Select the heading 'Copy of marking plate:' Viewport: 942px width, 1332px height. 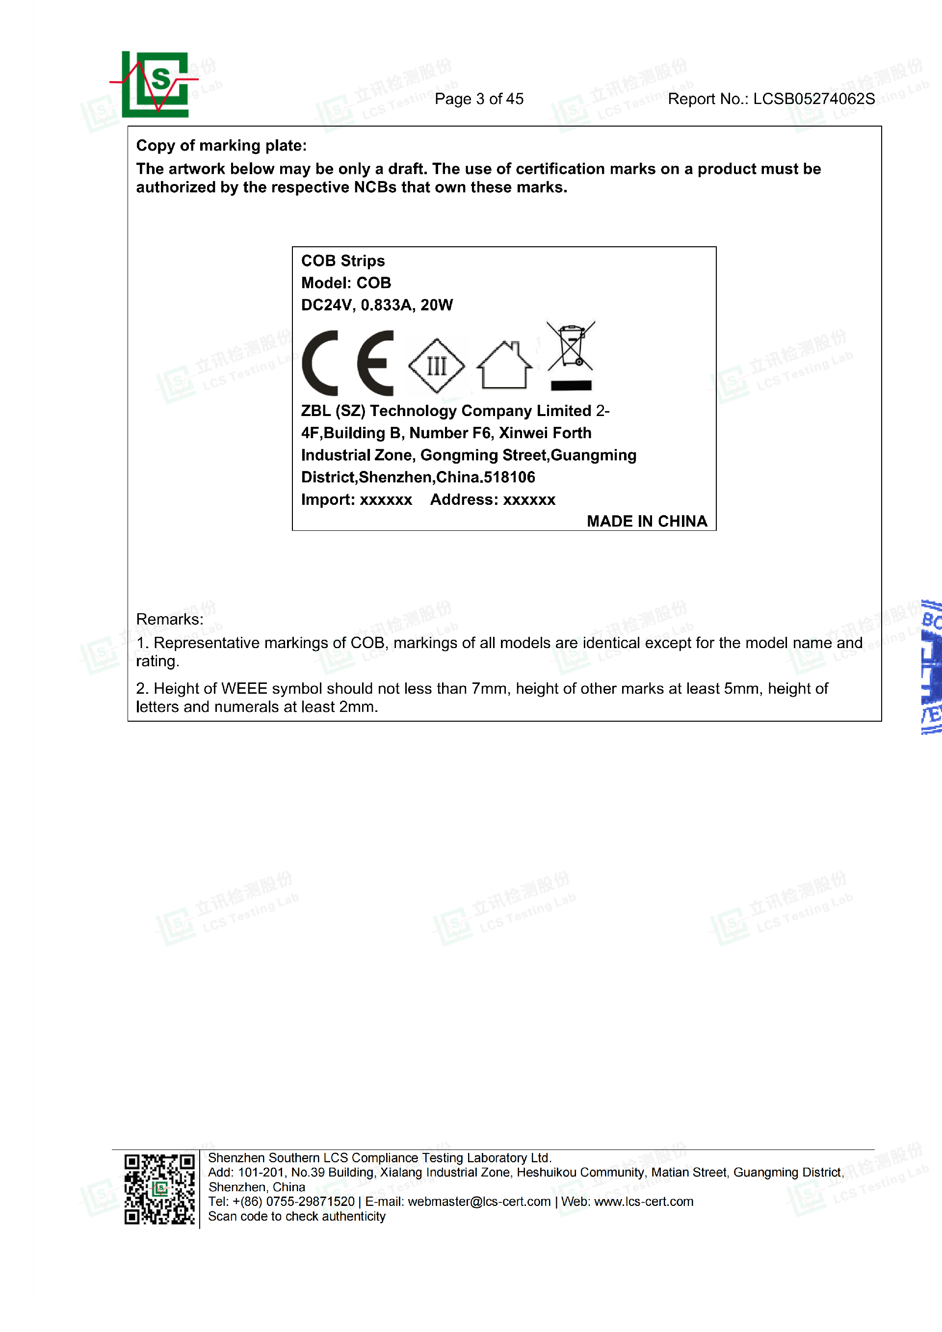[x=221, y=146]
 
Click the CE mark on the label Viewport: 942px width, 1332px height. [x=347, y=363]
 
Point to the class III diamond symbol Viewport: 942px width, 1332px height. [x=436, y=366]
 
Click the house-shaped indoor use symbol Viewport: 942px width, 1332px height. [x=504, y=365]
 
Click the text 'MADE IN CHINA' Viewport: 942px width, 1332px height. [x=647, y=521]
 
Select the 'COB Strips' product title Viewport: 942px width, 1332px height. [x=343, y=261]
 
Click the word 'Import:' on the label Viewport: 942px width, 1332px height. [x=327, y=499]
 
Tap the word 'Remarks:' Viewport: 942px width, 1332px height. [x=169, y=619]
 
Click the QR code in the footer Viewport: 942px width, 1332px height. [x=159, y=1189]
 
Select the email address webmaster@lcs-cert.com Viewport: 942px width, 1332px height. [x=479, y=1201]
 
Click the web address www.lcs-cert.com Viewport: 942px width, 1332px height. [x=643, y=1201]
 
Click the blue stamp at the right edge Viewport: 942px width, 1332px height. [x=931, y=667]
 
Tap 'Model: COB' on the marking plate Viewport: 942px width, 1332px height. [x=346, y=283]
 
